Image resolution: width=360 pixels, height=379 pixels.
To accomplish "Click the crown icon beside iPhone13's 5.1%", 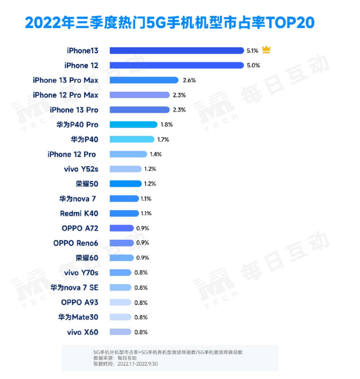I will click(x=266, y=50).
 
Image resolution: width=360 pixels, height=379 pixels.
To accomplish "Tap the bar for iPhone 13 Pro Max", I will click(x=143, y=80).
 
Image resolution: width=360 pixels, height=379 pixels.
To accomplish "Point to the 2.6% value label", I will click(x=189, y=80).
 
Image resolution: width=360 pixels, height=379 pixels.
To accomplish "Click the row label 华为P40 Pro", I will click(x=78, y=124).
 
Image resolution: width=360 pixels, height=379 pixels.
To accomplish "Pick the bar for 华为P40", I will click(x=131, y=139).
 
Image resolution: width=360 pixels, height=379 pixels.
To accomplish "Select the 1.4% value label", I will click(x=155, y=154).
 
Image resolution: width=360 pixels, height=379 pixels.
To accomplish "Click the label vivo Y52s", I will click(x=81, y=169).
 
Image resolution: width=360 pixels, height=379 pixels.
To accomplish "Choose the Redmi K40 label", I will click(x=79, y=213).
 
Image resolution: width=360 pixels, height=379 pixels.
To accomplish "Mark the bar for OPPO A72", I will click(x=121, y=228).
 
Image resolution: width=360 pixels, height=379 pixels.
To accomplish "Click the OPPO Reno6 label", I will click(x=75, y=243).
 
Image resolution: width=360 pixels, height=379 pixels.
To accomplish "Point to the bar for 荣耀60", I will click(x=121, y=258).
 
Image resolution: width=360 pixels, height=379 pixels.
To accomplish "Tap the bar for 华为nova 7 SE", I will click(x=119, y=288).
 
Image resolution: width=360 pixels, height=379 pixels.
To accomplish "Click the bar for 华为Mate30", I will click(x=119, y=317).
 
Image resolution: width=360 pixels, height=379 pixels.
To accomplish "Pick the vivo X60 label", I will click(x=82, y=332).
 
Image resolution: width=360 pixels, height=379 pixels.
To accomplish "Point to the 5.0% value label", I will click(x=253, y=65).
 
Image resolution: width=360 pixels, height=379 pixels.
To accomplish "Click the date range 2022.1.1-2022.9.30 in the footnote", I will click(x=140, y=363).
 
